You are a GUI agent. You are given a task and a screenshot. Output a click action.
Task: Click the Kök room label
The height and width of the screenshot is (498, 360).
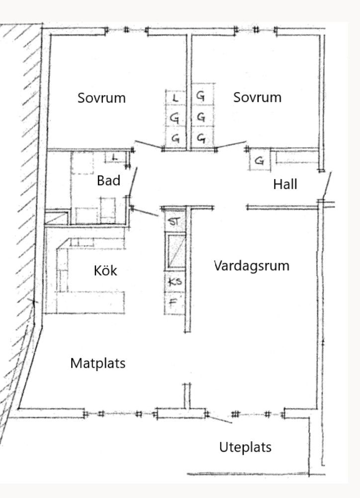pyautogui.click(x=105, y=271)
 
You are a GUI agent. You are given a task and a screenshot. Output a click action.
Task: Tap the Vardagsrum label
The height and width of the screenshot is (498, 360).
pyautogui.click(x=252, y=266)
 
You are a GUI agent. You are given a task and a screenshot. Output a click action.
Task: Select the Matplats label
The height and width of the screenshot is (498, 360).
pyautogui.click(x=98, y=363)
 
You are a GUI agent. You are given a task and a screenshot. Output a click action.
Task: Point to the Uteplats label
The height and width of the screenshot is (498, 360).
pyautogui.click(x=246, y=447)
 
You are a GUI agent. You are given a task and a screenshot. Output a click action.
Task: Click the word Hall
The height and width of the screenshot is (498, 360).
pyautogui.click(x=285, y=184)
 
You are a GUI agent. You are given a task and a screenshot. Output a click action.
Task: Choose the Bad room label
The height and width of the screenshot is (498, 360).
pyautogui.click(x=108, y=181)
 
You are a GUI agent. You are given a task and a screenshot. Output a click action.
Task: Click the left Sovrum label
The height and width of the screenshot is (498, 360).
pyautogui.click(x=101, y=98)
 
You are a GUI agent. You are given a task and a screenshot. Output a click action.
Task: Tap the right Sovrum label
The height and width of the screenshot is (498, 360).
pyautogui.click(x=258, y=97)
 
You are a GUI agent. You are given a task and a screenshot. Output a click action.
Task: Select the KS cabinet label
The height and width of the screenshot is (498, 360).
pyautogui.click(x=175, y=282)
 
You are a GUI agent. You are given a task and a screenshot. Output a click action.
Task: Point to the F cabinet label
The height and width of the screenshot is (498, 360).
pyautogui.click(x=173, y=301)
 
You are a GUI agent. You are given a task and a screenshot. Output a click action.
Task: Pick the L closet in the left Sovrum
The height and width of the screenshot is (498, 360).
pyautogui.click(x=175, y=98)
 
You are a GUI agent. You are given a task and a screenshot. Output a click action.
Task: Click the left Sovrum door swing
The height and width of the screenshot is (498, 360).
pyautogui.click(x=148, y=144)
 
